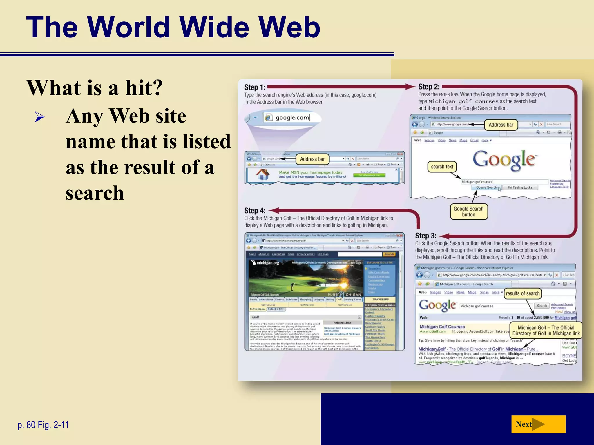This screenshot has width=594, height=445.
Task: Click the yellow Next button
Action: click(x=538, y=424)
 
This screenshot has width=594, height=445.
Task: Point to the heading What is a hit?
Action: click(x=95, y=88)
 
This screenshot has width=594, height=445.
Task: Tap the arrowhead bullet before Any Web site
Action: click(x=39, y=117)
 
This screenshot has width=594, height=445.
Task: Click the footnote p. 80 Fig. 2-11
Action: click(x=43, y=425)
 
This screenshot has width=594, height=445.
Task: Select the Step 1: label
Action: click(x=255, y=87)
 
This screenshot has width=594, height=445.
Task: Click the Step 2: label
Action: click(x=429, y=87)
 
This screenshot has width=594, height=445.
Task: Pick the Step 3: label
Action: click(x=425, y=236)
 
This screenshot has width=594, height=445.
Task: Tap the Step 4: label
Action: click(x=255, y=211)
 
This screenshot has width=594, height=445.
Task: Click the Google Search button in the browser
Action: click(x=486, y=187)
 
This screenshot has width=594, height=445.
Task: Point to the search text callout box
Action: click(x=442, y=167)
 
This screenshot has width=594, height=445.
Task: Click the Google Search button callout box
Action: click(x=468, y=211)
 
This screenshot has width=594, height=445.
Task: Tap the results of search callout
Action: click(x=522, y=293)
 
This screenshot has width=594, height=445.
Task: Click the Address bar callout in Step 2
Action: click(x=501, y=125)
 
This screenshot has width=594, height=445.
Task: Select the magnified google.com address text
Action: click(x=292, y=118)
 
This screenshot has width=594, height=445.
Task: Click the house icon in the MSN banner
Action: click(x=263, y=174)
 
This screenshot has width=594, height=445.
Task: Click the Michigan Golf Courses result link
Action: click(x=442, y=327)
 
